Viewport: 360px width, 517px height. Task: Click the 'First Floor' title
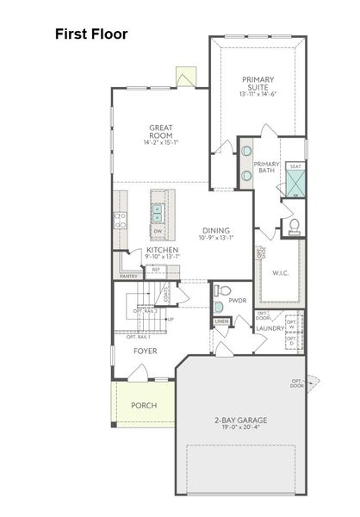(91, 34)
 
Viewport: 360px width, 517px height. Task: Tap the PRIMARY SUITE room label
(257, 83)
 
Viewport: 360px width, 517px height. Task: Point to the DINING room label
(215, 230)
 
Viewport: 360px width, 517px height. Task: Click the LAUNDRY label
(270, 328)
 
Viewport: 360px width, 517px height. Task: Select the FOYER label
(145, 351)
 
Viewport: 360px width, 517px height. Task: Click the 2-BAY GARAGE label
(240, 420)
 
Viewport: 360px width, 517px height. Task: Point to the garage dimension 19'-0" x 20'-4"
(240, 429)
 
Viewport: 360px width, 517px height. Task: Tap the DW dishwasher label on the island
(158, 231)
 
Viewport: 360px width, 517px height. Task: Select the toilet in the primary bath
(293, 227)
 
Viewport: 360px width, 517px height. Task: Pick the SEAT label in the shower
(295, 166)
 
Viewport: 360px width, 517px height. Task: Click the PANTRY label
(128, 276)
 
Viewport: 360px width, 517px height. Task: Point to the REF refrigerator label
(156, 270)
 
